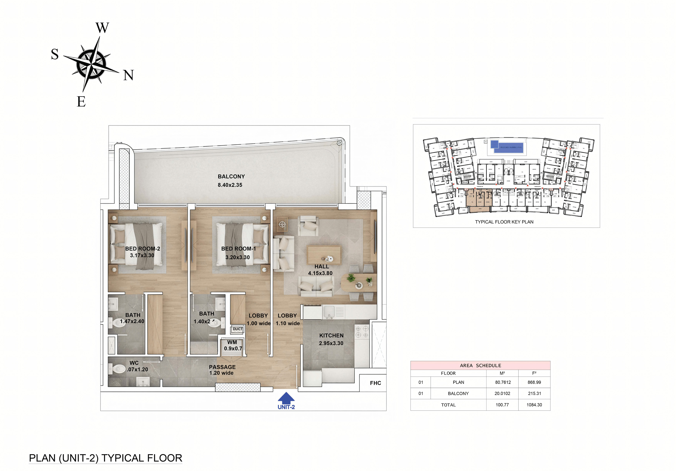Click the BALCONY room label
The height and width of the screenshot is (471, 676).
[231, 177]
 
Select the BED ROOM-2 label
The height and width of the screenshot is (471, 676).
[143, 249]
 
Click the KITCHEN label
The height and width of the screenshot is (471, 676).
[331, 336]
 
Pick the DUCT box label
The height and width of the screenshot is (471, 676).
[237, 329]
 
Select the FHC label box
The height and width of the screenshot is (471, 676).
[375, 383]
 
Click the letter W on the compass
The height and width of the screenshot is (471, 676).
[102, 28]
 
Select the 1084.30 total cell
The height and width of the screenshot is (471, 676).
[534, 405]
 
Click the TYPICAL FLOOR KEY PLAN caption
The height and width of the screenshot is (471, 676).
[504, 222]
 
